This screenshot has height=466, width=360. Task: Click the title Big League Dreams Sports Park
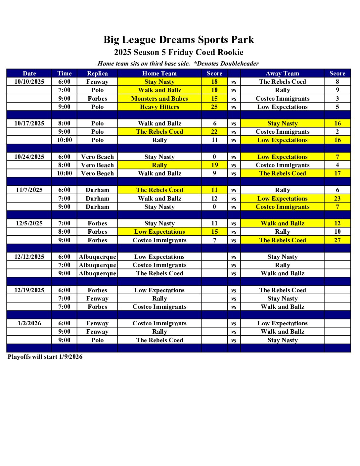click(x=179, y=40)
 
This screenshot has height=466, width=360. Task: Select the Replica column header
click(x=97, y=73)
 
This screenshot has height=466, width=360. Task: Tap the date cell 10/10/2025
click(x=29, y=82)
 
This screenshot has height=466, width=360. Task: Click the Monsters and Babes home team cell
click(x=159, y=99)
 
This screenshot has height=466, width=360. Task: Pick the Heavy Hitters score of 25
click(x=214, y=107)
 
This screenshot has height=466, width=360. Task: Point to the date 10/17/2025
click(x=29, y=123)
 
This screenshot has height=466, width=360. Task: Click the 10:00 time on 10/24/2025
click(x=64, y=173)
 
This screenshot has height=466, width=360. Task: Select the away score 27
click(x=337, y=240)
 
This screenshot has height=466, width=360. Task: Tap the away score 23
click(x=337, y=199)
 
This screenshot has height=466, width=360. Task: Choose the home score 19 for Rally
click(x=214, y=165)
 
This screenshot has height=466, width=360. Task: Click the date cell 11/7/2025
click(x=29, y=190)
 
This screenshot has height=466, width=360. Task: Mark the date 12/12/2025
click(x=29, y=257)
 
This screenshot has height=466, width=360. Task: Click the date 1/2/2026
click(x=29, y=323)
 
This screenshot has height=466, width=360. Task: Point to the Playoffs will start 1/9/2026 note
click(x=45, y=357)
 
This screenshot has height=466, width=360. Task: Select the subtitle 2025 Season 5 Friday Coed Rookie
click(x=179, y=52)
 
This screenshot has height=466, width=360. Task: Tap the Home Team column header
click(x=159, y=73)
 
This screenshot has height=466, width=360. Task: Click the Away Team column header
click(x=282, y=73)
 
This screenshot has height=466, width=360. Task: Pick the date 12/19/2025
click(x=29, y=290)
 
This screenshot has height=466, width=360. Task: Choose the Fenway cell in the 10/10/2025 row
click(x=97, y=82)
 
